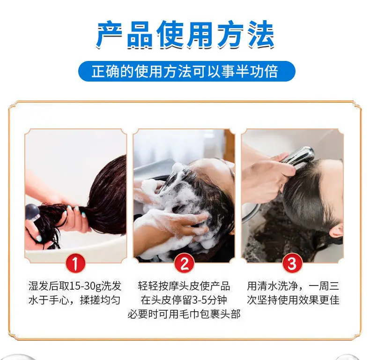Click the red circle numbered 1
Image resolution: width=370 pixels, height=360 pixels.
[75, 263]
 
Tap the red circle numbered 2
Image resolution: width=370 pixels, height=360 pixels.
[184, 263]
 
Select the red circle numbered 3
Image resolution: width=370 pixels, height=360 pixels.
[292, 263]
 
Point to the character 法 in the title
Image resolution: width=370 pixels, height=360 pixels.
[260, 35]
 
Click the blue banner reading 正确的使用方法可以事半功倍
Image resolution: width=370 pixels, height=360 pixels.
[187, 71]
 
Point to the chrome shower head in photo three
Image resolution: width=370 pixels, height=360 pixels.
[298, 157]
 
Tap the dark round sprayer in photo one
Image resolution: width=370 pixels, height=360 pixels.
[33, 211]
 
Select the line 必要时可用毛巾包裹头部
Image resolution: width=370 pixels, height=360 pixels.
[184, 315]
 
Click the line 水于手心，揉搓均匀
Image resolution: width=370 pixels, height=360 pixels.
[74, 300]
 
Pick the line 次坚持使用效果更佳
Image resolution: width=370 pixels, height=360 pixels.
[293, 300]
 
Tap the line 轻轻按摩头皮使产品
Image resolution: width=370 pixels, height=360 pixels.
[184, 286]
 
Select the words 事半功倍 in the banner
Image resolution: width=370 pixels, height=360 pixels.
[250, 71]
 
